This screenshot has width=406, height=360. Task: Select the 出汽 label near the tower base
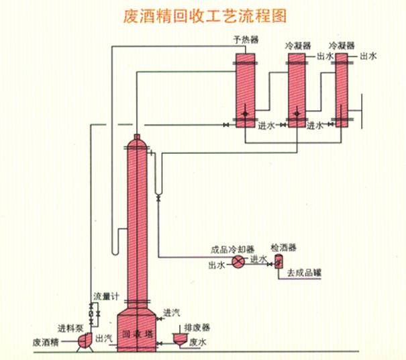coord(104,338)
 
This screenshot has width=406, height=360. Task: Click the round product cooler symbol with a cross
coord(237,263)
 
